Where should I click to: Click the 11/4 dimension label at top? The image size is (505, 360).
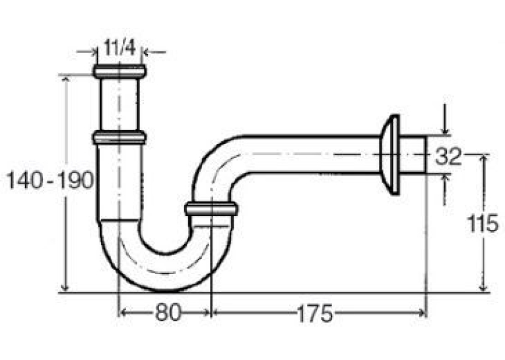point(119,48)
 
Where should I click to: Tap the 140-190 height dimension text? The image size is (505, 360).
point(50,180)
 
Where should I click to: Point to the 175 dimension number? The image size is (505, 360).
point(315,313)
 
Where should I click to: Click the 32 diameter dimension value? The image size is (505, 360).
point(448,157)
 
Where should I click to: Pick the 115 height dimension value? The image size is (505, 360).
point(483,223)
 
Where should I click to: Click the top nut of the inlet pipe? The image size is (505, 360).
point(119,71)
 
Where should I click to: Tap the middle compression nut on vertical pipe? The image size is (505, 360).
point(119,137)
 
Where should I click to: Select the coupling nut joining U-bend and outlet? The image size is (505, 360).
point(211,209)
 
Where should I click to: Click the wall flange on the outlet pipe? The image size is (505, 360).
point(390,155)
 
